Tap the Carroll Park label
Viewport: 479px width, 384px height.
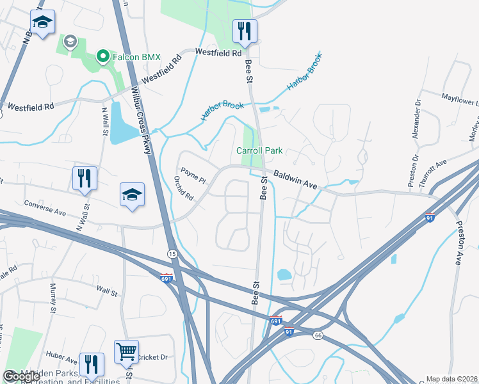(x=259, y=151)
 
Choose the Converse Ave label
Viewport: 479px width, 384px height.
(x=45, y=211)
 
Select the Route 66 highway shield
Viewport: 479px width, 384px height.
(x=317, y=335)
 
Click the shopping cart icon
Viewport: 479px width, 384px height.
(x=126, y=351)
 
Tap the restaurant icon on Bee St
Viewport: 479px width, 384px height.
(x=245, y=30)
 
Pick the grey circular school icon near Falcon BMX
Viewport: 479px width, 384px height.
(x=70, y=42)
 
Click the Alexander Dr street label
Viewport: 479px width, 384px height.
(x=416, y=118)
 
